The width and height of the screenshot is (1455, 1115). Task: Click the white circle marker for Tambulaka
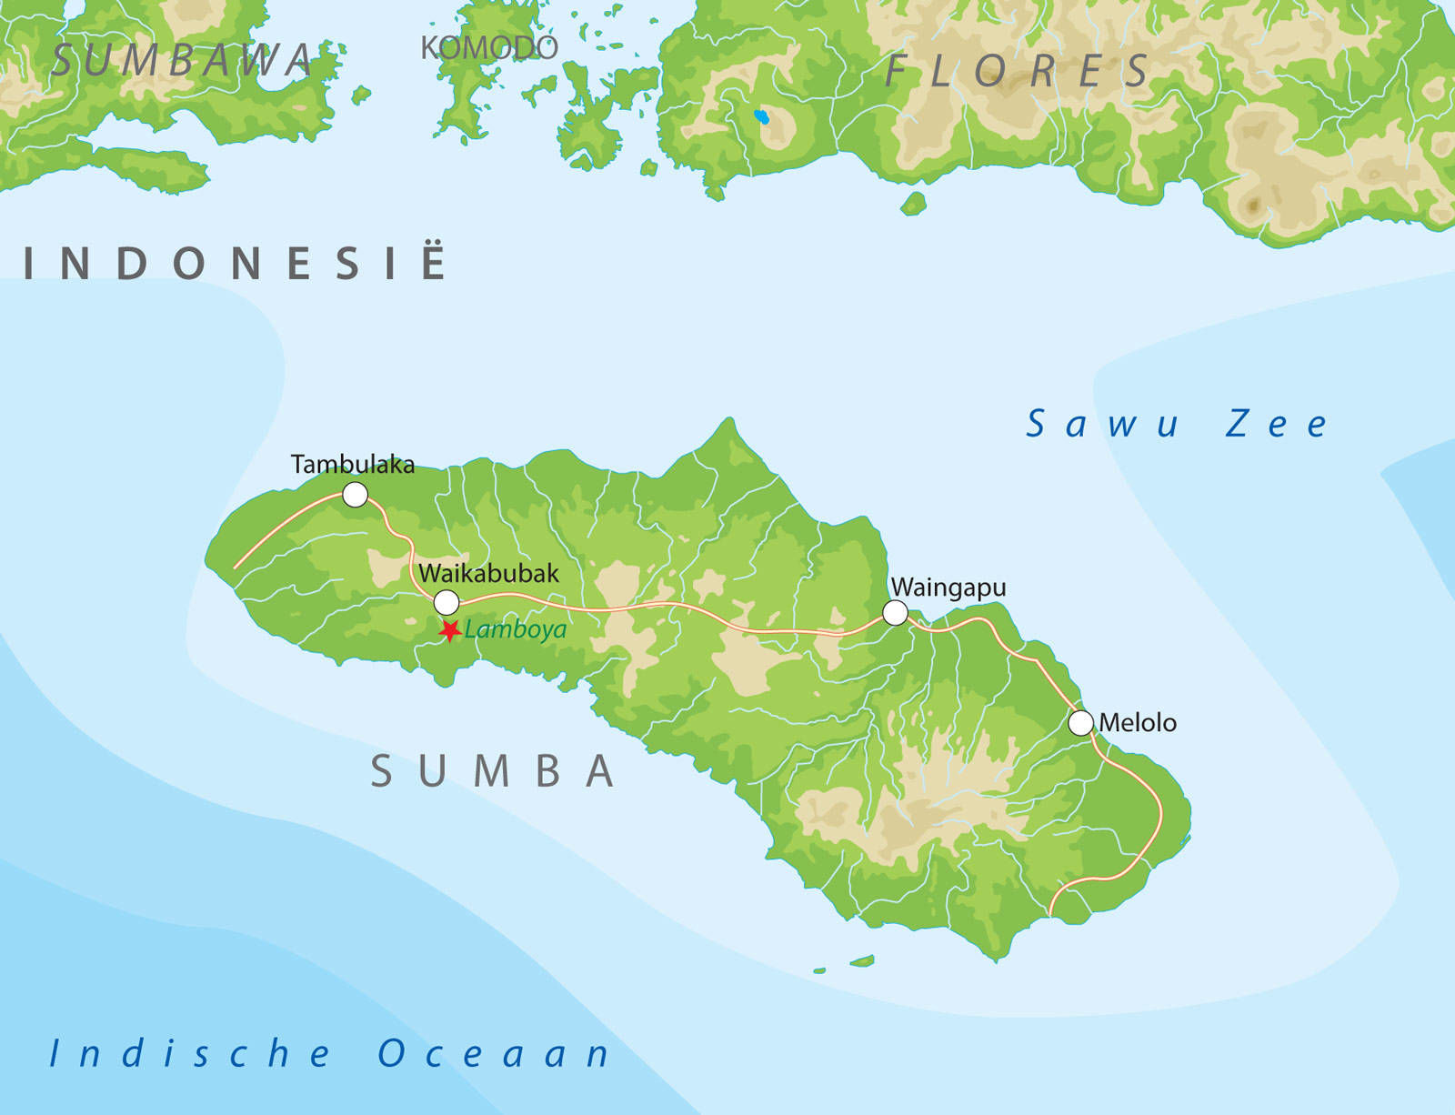[355, 495]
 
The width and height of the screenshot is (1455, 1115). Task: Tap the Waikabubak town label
[488, 574]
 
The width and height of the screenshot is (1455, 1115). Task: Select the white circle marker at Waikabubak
[447, 603]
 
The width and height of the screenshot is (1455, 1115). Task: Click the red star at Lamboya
[449, 630]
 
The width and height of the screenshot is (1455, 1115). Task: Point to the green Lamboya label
[516, 629]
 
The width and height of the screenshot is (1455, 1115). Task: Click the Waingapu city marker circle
[896, 613]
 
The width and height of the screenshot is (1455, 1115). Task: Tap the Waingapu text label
[948, 588]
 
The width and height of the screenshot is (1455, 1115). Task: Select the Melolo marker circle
[1080, 723]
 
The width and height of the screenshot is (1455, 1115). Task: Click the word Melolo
[1138, 723]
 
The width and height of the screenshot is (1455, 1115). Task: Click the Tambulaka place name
[353, 465]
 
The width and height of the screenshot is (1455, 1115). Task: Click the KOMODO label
[488, 48]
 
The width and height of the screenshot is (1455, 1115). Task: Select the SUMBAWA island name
[182, 61]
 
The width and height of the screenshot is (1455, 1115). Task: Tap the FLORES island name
[1018, 71]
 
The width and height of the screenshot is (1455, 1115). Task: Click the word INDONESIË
[235, 264]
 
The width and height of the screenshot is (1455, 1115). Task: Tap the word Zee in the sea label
[1276, 424]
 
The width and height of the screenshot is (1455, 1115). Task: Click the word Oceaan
[494, 1053]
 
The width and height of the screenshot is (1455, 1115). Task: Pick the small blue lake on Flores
[761, 116]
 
